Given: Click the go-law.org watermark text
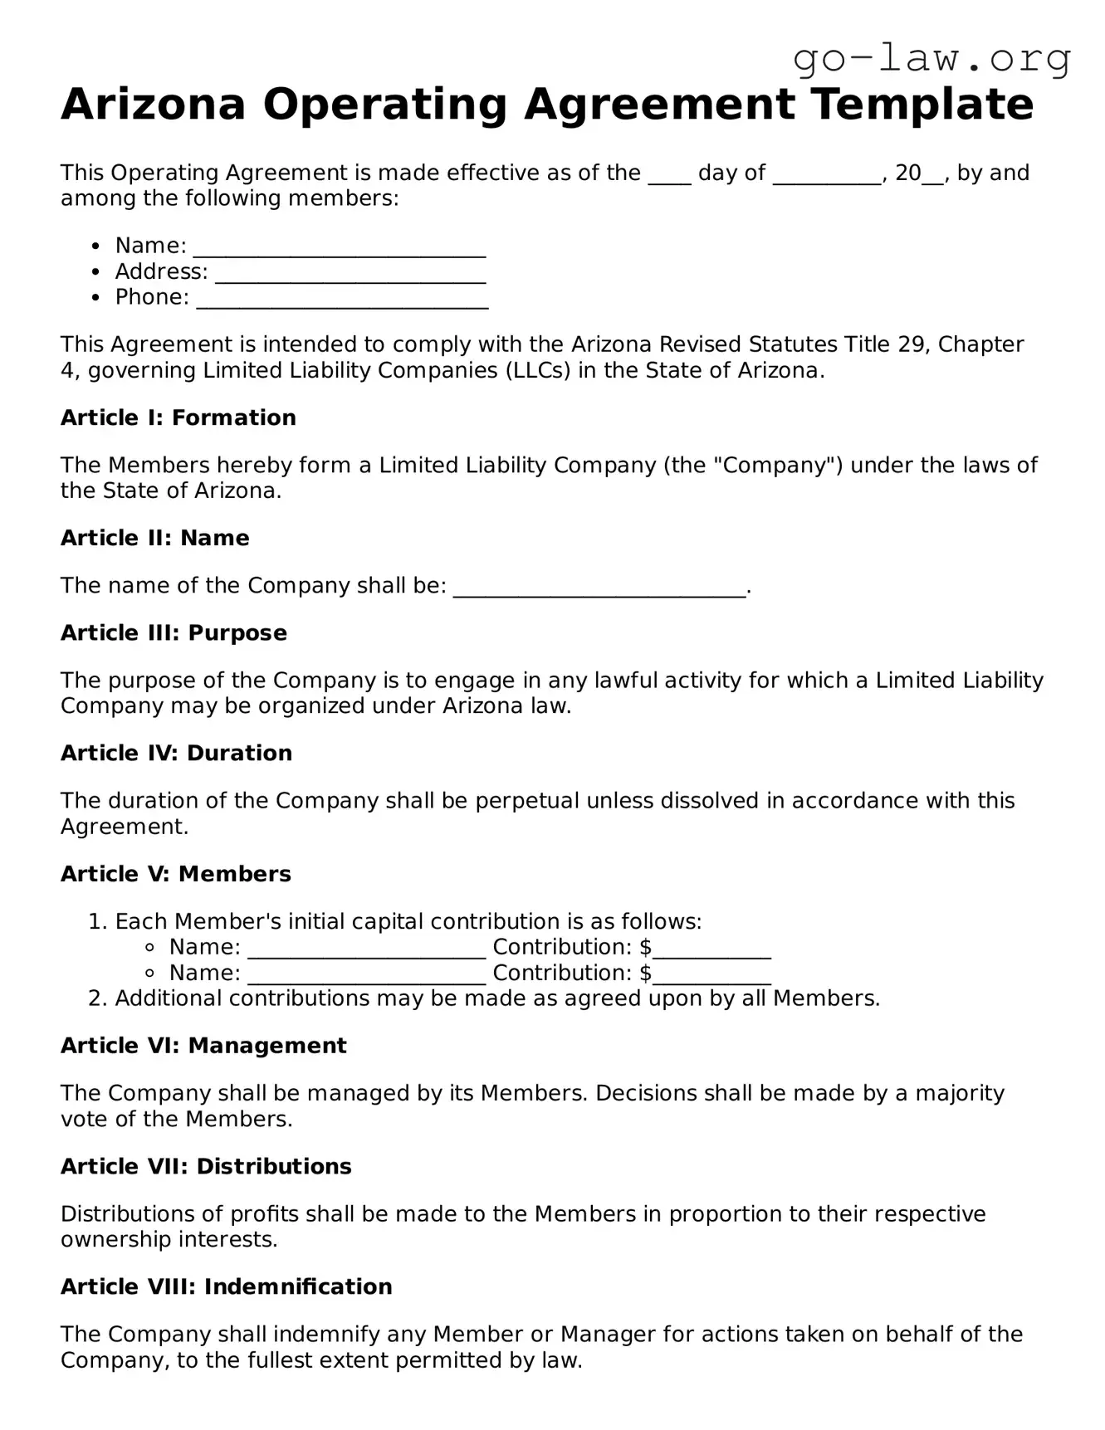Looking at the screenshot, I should pos(931,58).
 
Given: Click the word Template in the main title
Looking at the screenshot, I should pos(922,105).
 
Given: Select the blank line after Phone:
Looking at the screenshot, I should pos(342,300).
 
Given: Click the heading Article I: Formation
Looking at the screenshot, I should pos(178,417).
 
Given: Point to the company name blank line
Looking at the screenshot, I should pos(599,588).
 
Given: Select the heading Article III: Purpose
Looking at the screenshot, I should pos(174,632).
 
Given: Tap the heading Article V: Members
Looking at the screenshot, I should pos(175,874).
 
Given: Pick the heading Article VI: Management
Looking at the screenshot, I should pos(203,1046).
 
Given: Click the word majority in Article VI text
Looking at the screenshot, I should pos(959,1093).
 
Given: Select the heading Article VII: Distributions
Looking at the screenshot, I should pos(206,1166).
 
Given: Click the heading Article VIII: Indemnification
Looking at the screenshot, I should pos(226,1286).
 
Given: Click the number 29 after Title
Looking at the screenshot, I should pos(914,344).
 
